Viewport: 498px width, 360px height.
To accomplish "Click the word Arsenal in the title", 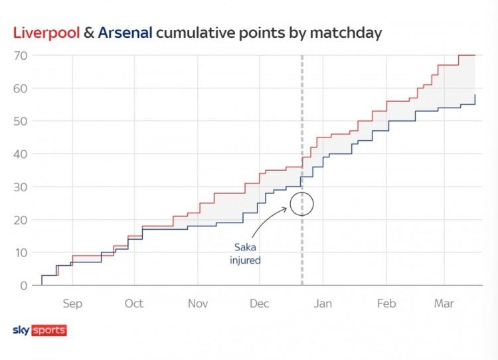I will pos(125,32).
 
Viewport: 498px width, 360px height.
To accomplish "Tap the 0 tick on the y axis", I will pos(23,286).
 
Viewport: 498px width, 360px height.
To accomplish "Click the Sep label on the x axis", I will pos(72,304).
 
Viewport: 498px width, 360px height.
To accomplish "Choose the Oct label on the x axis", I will pos(134,304).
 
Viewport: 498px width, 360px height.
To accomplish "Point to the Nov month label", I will pos(198,304).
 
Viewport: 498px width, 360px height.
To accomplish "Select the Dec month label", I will pos(260,304).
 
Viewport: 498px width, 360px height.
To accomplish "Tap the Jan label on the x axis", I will pos(323,304).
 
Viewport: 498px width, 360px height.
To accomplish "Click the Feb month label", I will pos(386,304).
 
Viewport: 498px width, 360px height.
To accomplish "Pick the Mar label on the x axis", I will pos(444,304).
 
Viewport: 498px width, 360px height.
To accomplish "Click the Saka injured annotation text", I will pos(246,254).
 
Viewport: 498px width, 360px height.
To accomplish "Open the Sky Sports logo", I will pos(40,330).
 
